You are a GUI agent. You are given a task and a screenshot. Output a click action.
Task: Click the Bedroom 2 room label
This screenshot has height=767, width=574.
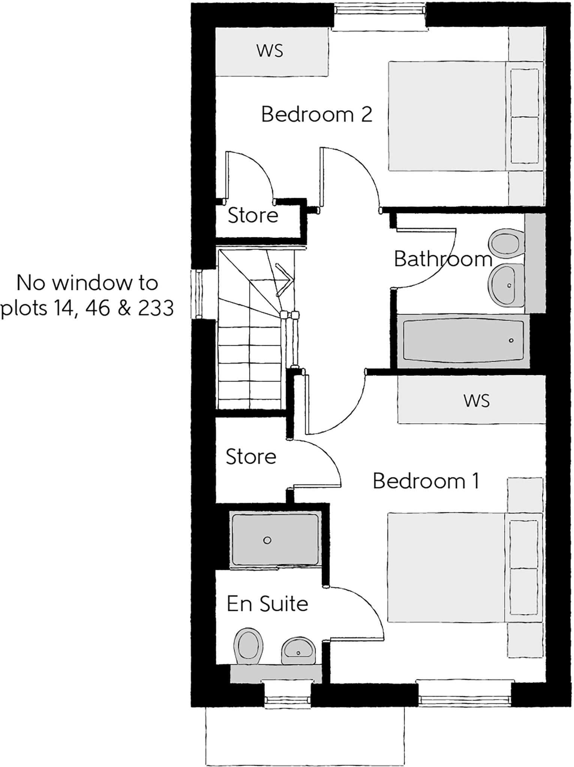317,114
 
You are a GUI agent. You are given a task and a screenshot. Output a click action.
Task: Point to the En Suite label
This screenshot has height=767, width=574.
267,604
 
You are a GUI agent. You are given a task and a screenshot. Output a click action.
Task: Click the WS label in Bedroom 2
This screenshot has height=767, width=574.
270,51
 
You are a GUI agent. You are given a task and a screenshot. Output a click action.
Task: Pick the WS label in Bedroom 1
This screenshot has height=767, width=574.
477,401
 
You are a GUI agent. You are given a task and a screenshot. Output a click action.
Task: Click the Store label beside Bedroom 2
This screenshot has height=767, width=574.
253,215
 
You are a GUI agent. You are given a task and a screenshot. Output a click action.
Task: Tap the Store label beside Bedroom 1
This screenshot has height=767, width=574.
251,457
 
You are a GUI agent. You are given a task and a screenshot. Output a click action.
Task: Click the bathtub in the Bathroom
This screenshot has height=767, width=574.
463,340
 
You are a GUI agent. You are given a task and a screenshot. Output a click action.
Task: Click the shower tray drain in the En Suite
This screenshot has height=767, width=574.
267,540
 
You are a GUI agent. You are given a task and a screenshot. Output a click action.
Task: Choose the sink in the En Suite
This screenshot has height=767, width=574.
298,651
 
